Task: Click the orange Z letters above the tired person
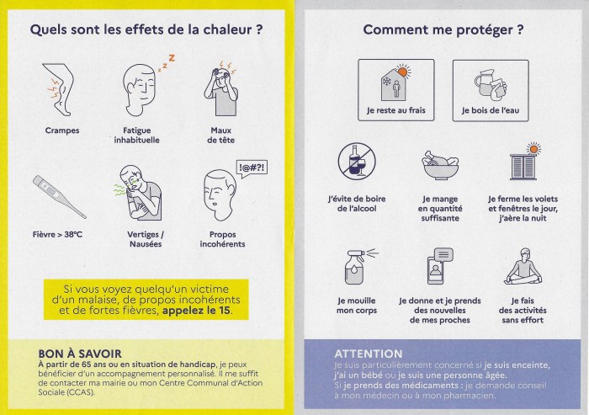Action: tap(168, 60)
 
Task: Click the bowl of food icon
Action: tap(439, 165)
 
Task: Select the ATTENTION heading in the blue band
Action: tap(369, 354)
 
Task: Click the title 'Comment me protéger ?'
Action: tap(443, 30)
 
